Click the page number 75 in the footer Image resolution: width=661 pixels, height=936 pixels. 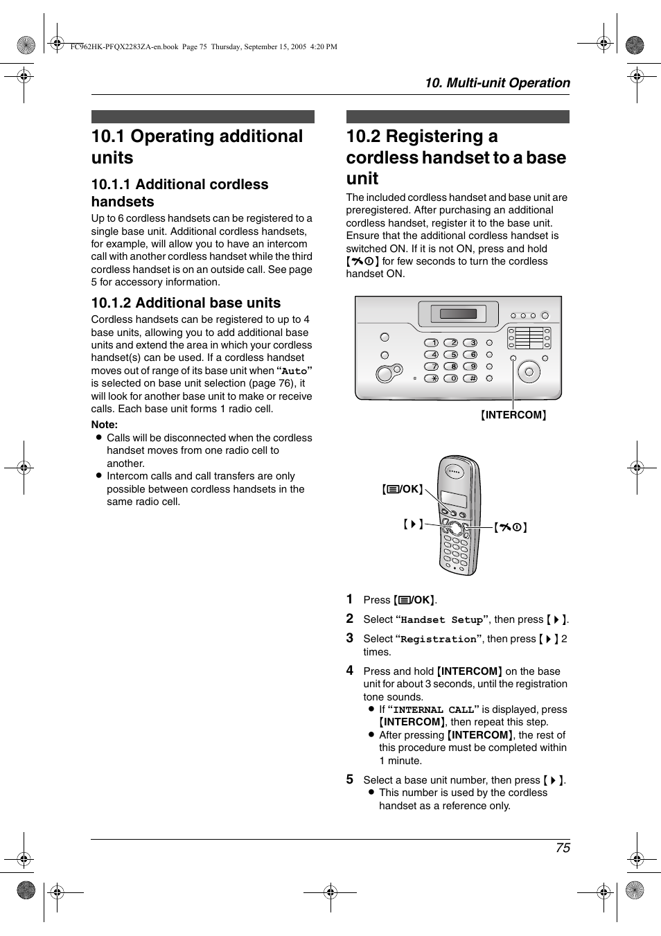562,847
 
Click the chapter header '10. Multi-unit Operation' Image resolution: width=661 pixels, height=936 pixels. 497,83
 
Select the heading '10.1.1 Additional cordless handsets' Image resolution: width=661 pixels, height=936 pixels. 179,193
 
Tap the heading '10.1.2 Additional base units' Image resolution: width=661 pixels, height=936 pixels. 186,303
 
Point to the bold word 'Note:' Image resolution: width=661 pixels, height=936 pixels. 105,425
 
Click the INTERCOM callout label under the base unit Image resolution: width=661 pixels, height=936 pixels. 513,415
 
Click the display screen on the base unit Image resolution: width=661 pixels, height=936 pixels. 458,314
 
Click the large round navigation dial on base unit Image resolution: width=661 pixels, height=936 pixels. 529,372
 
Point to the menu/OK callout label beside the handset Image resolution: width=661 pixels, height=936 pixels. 402,489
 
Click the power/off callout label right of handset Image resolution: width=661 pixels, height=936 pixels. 511,527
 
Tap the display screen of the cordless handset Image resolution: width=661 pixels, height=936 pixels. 454,498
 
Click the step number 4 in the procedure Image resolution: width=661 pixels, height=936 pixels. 350,671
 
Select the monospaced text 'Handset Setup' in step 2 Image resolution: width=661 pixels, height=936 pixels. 441,620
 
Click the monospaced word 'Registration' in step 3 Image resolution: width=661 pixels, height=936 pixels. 438,639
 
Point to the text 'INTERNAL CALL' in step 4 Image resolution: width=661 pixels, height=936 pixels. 433,710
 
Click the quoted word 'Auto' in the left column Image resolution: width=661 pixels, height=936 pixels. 294,371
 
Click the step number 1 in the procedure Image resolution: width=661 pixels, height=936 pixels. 350,599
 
